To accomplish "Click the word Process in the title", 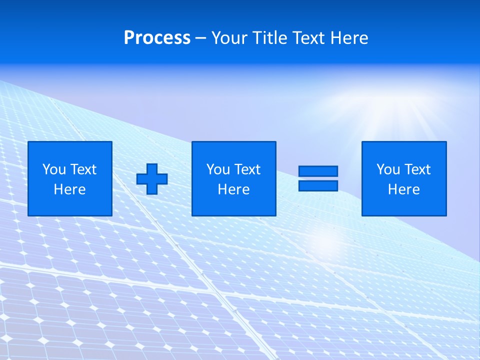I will tap(157, 38).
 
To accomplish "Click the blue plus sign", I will tap(152, 179).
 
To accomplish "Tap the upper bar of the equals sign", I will tap(318, 171).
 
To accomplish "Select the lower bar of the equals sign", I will tap(318, 185).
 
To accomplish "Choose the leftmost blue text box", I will tap(70, 178).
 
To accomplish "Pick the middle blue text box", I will tap(233, 178).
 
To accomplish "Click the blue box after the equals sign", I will tap(404, 178).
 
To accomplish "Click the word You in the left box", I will tap(54, 169).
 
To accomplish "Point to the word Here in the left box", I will tap(70, 189).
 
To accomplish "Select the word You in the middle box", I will tap(218, 169).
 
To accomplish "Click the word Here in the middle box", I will tap(233, 189).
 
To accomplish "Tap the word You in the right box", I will tap(388, 169).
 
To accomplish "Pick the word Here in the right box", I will tap(404, 189).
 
